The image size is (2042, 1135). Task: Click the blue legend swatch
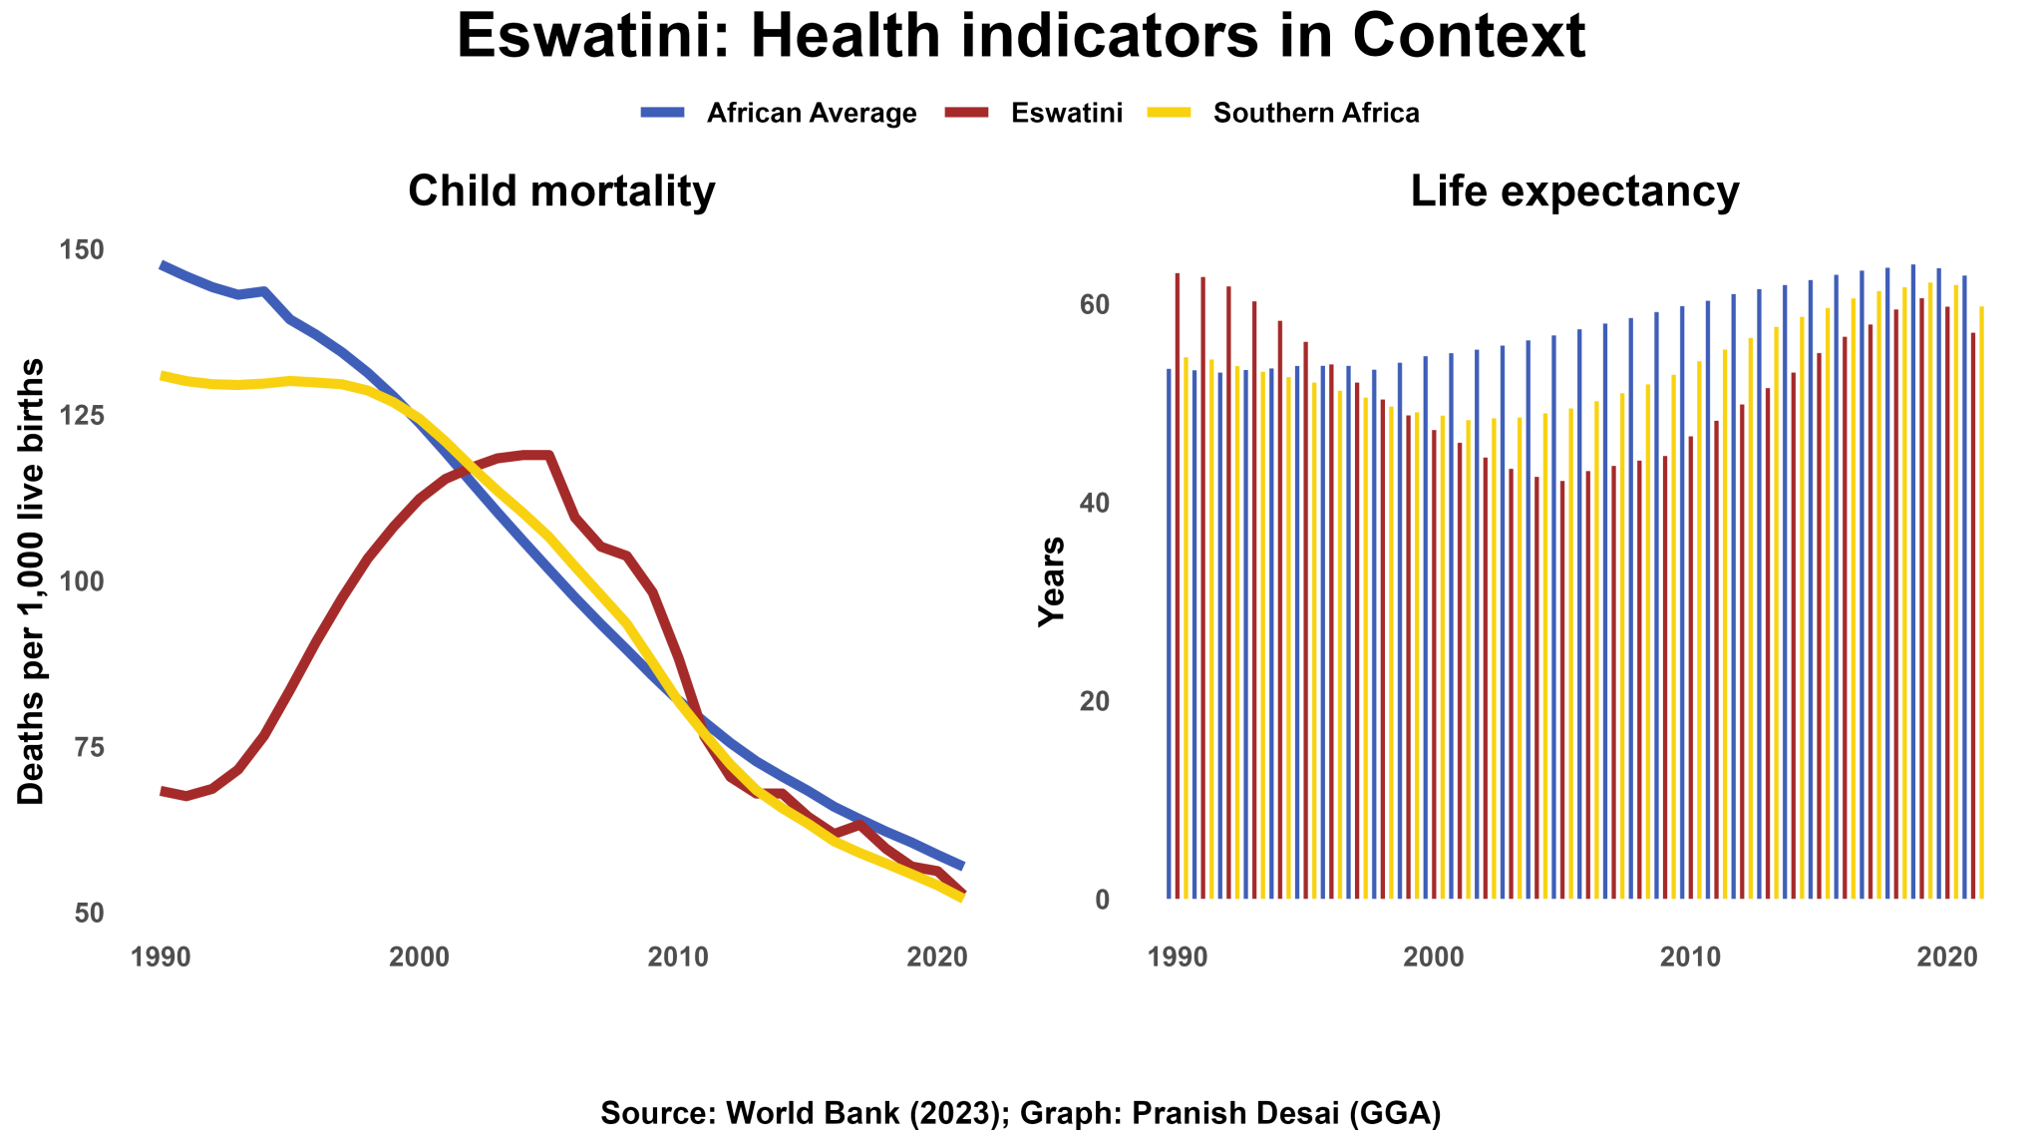tap(662, 112)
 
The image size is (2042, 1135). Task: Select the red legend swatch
tap(966, 112)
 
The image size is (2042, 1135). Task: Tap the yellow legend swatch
tap(1169, 112)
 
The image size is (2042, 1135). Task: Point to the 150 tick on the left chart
tap(81, 249)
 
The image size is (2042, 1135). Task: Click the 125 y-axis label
tap(81, 415)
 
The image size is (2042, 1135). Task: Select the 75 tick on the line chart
tap(89, 747)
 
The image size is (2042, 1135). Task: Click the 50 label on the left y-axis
tap(89, 913)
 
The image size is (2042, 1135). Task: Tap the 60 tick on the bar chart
tap(1094, 304)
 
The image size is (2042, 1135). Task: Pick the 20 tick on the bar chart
tap(1094, 701)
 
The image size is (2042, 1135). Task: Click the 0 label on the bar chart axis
tap(1102, 900)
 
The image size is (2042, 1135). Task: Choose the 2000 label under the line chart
tap(419, 957)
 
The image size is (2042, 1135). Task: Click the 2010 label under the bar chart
tap(1689, 957)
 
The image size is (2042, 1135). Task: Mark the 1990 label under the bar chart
tap(1177, 957)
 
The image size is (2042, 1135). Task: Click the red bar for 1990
tap(1178, 598)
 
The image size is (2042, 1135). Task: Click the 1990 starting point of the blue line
tap(163, 265)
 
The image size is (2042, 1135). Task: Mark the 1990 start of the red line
tap(163, 790)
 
